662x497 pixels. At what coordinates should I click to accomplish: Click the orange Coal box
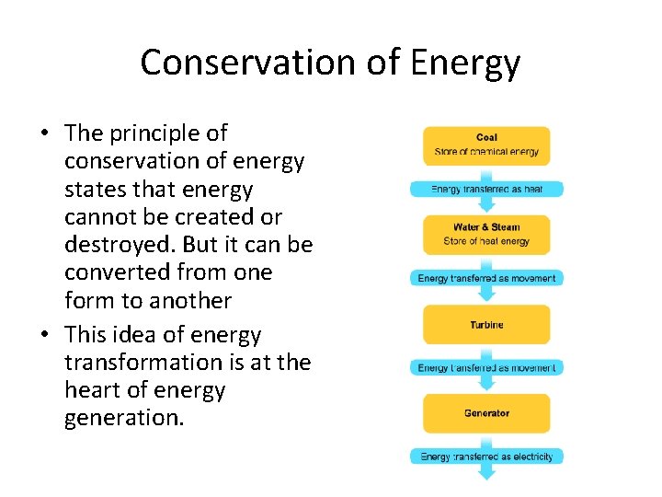[x=486, y=145]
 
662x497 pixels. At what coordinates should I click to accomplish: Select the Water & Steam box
[x=486, y=235]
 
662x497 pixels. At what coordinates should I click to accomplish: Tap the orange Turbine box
[x=486, y=325]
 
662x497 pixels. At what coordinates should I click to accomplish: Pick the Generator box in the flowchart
[x=486, y=413]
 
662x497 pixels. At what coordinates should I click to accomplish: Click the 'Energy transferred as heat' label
[x=486, y=190]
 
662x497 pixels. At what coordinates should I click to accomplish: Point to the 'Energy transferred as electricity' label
[x=486, y=457]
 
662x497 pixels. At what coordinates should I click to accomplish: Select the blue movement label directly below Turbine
[x=486, y=368]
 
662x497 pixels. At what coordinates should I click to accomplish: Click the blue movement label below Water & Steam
[x=486, y=278]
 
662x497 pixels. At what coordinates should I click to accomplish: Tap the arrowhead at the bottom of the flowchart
[x=486, y=473]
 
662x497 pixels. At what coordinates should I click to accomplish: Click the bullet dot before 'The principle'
[x=44, y=134]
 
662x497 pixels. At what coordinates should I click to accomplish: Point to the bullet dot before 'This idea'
[x=44, y=336]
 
